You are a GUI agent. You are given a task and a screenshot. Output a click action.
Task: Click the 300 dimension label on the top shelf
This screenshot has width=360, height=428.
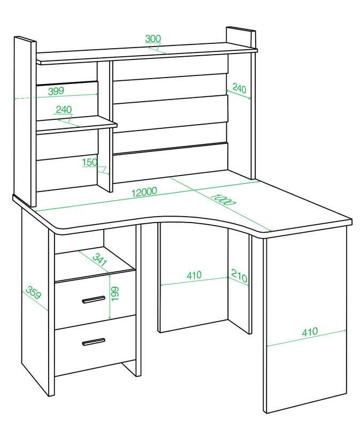pyautogui.click(x=153, y=39)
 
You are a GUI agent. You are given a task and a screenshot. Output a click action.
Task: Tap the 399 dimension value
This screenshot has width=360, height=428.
pyautogui.click(x=56, y=91)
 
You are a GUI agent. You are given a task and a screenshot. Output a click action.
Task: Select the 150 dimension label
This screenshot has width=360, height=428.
pyautogui.click(x=90, y=162)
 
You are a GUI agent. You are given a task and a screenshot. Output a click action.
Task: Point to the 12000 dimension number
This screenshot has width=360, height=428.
pyautogui.click(x=144, y=192)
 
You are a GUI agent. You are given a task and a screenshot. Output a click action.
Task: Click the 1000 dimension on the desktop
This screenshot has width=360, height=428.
pyautogui.click(x=223, y=200)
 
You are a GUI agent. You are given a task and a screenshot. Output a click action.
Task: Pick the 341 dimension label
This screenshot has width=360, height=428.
pyautogui.click(x=99, y=259)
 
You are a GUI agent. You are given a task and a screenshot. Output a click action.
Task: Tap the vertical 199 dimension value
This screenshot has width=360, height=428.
pyautogui.click(x=115, y=294)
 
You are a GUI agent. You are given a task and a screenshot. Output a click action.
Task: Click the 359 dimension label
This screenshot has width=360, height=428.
pyautogui.click(x=34, y=292)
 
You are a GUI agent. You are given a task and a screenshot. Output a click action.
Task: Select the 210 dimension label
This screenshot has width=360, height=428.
pyautogui.click(x=239, y=276)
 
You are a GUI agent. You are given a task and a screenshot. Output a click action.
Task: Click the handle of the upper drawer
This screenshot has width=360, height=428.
pyautogui.click(x=94, y=300)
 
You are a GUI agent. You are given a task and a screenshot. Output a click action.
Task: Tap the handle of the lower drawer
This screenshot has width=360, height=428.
pyautogui.click(x=94, y=342)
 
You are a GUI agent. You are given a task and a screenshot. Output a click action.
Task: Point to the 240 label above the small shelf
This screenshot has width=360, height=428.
pyautogui.click(x=64, y=110)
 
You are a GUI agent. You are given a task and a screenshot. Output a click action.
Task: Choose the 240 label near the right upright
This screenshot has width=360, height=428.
pyautogui.click(x=239, y=88)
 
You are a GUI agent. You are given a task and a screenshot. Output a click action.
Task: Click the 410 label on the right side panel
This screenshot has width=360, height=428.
pyautogui.click(x=310, y=331)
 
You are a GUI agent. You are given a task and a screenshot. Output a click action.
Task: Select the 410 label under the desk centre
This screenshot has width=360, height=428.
pyautogui.click(x=194, y=275)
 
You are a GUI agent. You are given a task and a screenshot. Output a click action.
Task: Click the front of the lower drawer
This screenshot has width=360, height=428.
pyautogui.click(x=95, y=345)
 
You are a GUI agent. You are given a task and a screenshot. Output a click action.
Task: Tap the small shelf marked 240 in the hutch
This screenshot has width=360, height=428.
pyautogui.click(x=76, y=124)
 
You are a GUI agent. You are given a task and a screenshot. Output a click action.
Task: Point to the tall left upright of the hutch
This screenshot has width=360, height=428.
pyautogui.click(x=25, y=121)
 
